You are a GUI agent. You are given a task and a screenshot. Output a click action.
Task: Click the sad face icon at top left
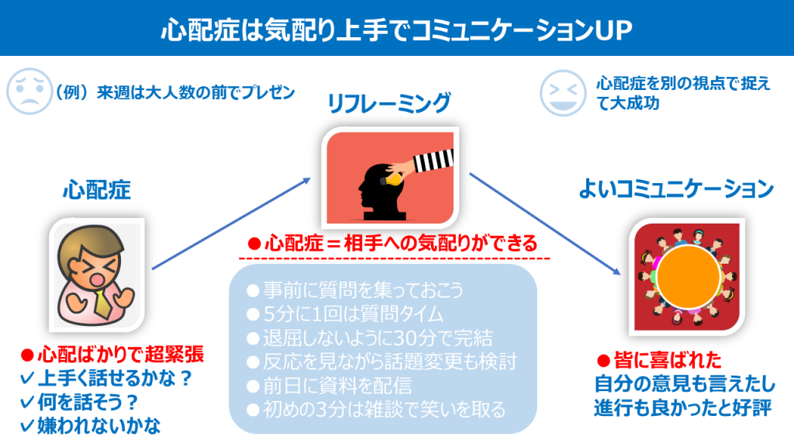coord(29,92)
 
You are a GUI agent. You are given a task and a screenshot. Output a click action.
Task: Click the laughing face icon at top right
coord(563,93)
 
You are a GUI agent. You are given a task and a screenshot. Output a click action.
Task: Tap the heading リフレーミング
coord(389,103)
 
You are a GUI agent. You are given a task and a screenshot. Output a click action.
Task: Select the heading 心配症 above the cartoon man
coord(97,191)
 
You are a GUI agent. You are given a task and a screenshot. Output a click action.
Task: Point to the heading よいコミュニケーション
coord(676,189)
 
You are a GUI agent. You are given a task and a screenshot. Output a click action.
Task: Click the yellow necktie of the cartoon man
coord(103,303)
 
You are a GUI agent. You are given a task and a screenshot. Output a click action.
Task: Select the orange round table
coord(689,277)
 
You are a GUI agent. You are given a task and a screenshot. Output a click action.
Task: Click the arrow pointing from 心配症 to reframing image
coord(231,223)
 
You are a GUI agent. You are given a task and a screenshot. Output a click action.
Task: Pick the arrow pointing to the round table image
coord(545,223)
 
